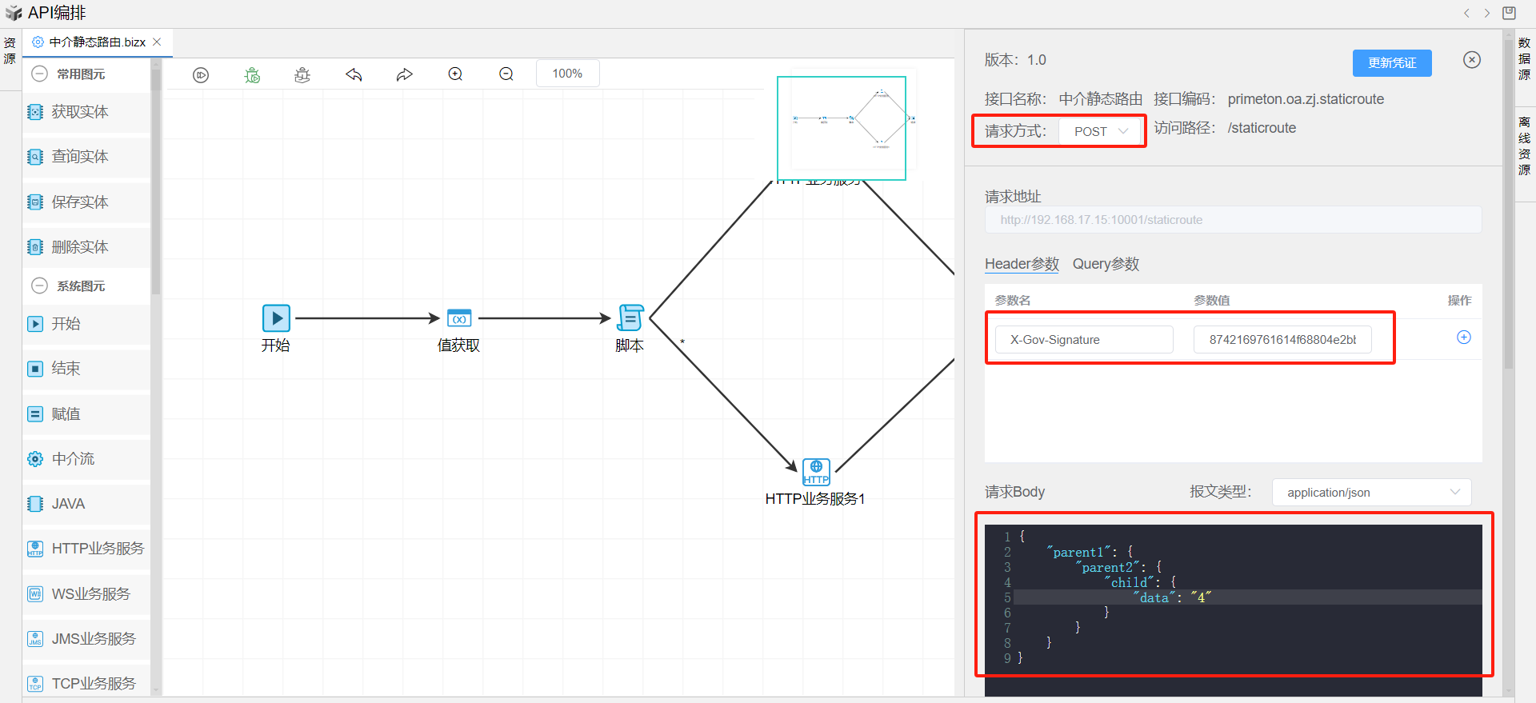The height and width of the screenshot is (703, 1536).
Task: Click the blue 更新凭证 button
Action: pyautogui.click(x=1391, y=63)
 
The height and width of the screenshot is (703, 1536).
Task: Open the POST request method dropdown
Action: pyautogui.click(x=1101, y=131)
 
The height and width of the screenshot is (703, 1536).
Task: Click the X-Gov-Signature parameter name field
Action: pyautogui.click(x=1083, y=340)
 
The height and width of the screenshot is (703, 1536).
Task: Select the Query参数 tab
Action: pyautogui.click(x=1106, y=264)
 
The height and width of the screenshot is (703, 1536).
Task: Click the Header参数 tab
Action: pyautogui.click(x=1022, y=264)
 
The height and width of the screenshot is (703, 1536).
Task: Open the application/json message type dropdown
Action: pyautogui.click(x=1371, y=493)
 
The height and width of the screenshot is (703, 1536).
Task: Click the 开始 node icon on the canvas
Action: pyautogui.click(x=276, y=318)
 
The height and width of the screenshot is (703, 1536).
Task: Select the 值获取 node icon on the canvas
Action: pyautogui.click(x=459, y=318)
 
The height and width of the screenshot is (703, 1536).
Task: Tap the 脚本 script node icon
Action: pyautogui.click(x=630, y=318)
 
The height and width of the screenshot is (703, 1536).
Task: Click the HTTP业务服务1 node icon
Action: pyautogui.click(x=816, y=472)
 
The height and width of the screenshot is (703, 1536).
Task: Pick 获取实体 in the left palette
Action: pyautogui.click(x=79, y=112)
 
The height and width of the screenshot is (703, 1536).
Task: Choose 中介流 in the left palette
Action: pyautogui.click(x=73, y=459)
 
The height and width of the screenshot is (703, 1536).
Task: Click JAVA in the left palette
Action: pyautogui.click(x=68, y=504)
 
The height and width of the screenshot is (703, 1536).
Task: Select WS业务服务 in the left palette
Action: pyautogui.click(x=90, y=594)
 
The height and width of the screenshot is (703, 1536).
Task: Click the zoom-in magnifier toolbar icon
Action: pyautogui.click(x=455, y=74)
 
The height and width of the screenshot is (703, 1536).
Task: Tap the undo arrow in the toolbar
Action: pyautogui.click(x=354, y=74)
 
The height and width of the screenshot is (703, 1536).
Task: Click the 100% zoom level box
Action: pyautogui.click(x=567, y=74)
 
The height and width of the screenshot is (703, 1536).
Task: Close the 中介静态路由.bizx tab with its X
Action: pyautogui.click(x=158, y=42)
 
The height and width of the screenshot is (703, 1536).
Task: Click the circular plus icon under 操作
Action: pyautogui.click(x=1463, y=338)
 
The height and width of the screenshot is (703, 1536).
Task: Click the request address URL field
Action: pyautogui.click(x=1232, y=220)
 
